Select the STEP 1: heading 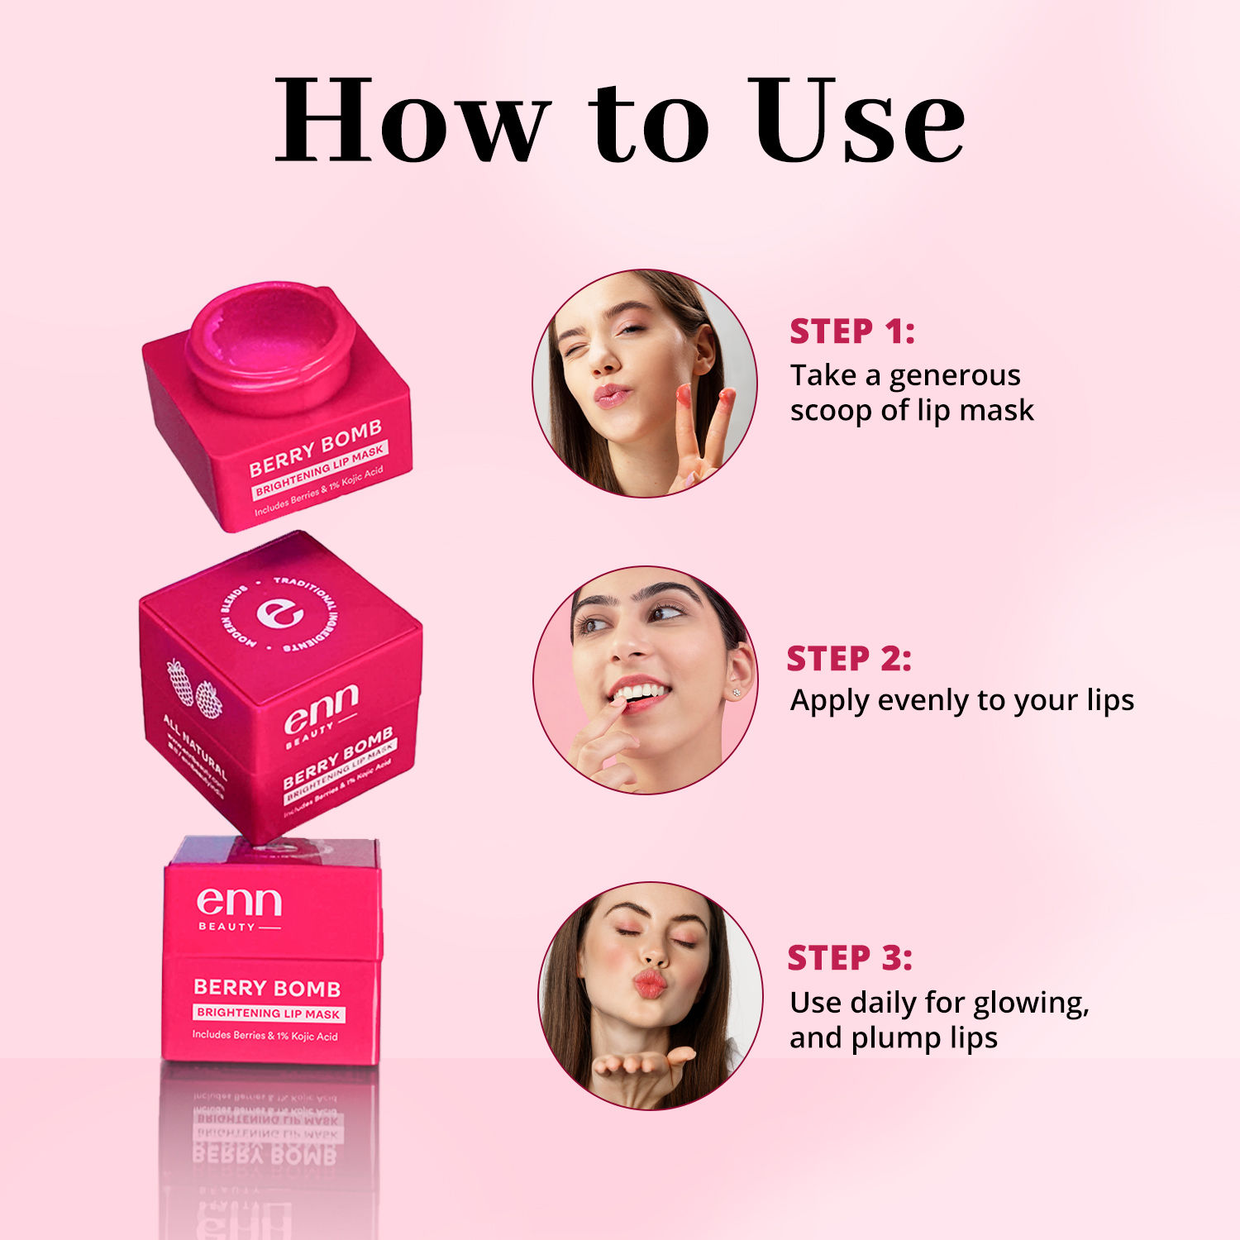851,331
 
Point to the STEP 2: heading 848,659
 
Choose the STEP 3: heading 849,958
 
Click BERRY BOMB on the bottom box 266,988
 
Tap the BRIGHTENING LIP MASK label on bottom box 268,1013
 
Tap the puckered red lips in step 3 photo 649,984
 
